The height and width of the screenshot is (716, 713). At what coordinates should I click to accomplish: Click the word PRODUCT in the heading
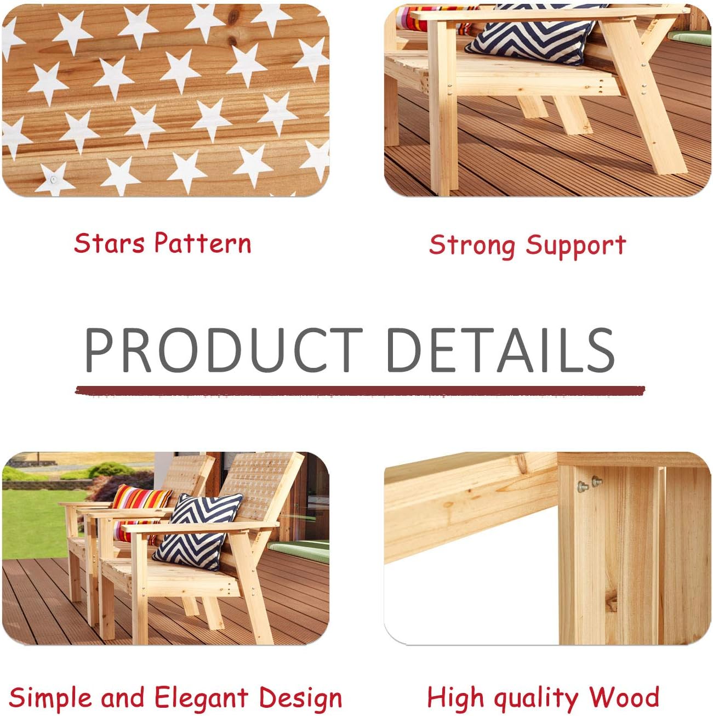click(x=222, y=350)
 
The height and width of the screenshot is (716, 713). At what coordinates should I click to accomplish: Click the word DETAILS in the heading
click(x=500, y=350)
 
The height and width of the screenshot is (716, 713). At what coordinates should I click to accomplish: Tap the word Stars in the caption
click(x=110, y=243)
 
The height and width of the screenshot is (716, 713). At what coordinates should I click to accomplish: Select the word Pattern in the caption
click(x=203, y=243)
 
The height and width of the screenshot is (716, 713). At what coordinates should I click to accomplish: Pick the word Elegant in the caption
click(x=201, y=698)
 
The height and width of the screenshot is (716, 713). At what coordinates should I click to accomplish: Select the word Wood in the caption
click(x=624, y=697)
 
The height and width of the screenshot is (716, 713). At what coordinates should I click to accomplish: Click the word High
click(x=455, y=698)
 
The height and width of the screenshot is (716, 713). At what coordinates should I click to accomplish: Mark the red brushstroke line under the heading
click(x=360, y=391)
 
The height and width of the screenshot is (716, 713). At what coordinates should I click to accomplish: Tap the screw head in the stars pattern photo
click(x=54, y=179)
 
